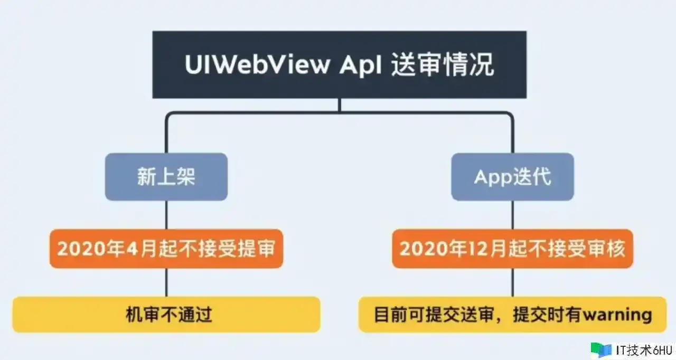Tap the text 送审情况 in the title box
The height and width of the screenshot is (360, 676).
pos(443,65)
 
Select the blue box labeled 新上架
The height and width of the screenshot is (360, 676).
pos(166,177)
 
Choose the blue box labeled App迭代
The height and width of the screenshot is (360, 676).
pos(512,177)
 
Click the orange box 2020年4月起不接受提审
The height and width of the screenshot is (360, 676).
pos(166,249)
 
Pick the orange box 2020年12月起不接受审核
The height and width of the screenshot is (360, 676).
pos(512,249)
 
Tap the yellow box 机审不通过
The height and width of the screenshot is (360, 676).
pos(166,315)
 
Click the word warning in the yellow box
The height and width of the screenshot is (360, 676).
pos(616,315)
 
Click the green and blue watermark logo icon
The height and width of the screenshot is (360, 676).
pos(601,349)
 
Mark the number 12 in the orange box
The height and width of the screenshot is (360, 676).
pos(462,249)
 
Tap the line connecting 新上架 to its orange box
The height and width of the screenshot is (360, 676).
pos(166,215)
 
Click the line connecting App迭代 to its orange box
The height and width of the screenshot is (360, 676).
pos(512,215)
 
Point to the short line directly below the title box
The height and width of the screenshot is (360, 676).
pos(339,105)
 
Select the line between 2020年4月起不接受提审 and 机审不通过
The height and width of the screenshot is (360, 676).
pos(166,282)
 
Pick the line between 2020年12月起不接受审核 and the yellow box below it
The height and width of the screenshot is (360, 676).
pos(512,282)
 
